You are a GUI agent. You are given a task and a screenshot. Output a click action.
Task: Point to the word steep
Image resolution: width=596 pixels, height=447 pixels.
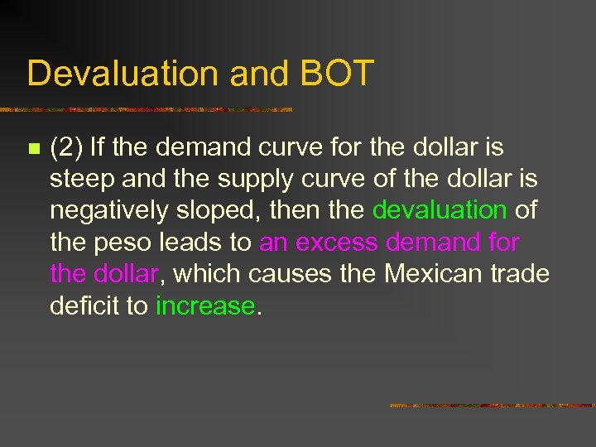pyautogui.click(x=79, y=180)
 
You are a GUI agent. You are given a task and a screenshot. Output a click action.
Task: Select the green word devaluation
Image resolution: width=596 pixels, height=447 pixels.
pyautogui.click(x=439, y=210)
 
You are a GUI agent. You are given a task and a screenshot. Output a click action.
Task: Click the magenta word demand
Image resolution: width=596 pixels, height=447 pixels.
pyautogui.click(x=430, y=243)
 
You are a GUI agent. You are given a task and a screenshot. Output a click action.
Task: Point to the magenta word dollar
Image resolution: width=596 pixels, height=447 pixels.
pyautogui.click(x=126, y=274)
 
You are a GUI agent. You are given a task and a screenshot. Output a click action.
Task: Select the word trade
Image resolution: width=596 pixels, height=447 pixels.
pyautogui.click(x=520, y=274)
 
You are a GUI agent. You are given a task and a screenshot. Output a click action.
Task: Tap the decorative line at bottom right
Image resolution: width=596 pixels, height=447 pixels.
pyautogui.click(x=492, y=406)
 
